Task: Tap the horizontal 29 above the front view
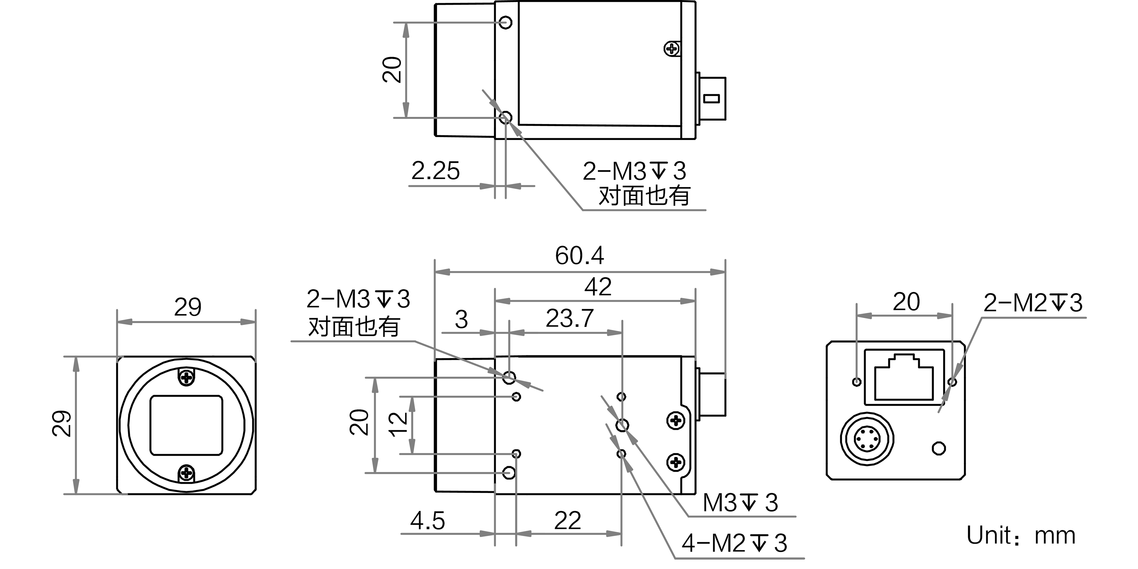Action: click(187, 308)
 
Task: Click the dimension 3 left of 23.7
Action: click(461, 320)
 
